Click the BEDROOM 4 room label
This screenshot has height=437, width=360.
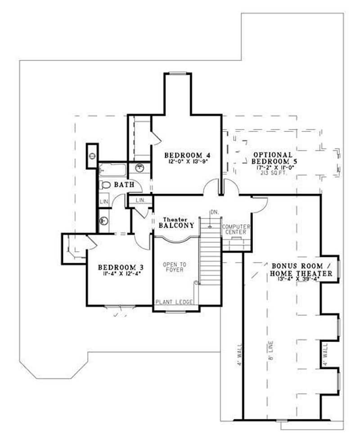pos(187,153)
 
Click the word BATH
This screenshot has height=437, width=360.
pos(122,185)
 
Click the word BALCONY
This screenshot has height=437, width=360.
pos(176,225)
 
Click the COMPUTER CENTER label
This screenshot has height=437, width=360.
pos(235,230)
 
